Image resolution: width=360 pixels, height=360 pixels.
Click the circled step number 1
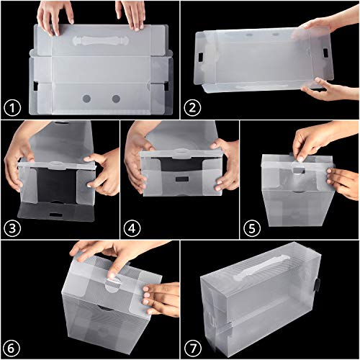pos(12,109)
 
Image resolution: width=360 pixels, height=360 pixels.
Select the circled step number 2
pos(192,109)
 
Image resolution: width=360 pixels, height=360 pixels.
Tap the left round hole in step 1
pos(86,98)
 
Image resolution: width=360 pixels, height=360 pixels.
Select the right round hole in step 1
pos(115,98)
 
